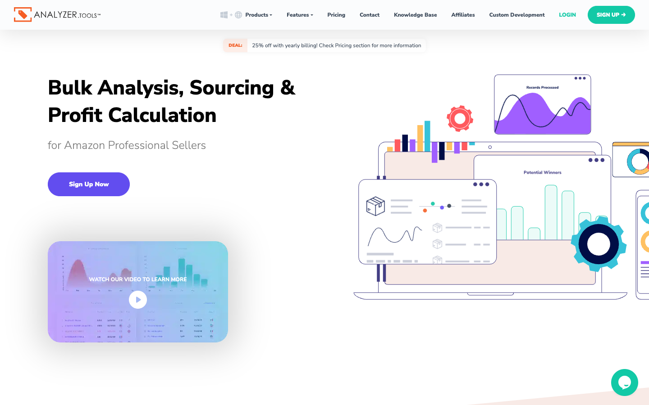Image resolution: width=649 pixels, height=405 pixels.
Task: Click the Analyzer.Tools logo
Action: tap(57, 15)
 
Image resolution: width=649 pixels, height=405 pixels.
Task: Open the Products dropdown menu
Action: tap(258, 15)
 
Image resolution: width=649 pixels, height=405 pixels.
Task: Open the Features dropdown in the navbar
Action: tap(300, 15)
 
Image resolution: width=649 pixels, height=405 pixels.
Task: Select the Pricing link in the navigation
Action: tap(336, 15)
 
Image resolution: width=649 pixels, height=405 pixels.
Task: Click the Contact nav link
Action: tap(370, 15)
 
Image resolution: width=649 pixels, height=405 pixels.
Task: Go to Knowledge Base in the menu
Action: tap(415, 15)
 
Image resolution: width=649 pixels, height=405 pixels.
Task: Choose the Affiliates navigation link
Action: tap(463, 15)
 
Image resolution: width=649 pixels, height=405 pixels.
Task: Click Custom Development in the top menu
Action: tap(517, 15)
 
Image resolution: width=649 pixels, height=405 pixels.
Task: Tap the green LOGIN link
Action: tap(567, 15)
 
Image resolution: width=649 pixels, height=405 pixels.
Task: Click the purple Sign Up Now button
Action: tap(89, 184)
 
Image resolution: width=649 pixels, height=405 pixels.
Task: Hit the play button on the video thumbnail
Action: tap(138, 300)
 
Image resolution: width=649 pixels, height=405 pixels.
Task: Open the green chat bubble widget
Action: tap(625, 382)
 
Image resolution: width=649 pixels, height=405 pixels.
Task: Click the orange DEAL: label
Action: tap(235, 45)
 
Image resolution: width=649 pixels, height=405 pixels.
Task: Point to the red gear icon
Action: tap(460, 119)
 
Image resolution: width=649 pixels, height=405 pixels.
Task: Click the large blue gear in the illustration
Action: tap(598, 244)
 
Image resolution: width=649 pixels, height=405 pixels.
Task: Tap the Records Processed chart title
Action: tap(542, 87)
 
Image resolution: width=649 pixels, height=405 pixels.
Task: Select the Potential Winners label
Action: tap(542, 172)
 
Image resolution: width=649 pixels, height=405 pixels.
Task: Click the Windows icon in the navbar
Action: tap(224, 15)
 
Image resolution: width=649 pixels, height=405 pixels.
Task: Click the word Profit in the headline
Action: tap(75, 115)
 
